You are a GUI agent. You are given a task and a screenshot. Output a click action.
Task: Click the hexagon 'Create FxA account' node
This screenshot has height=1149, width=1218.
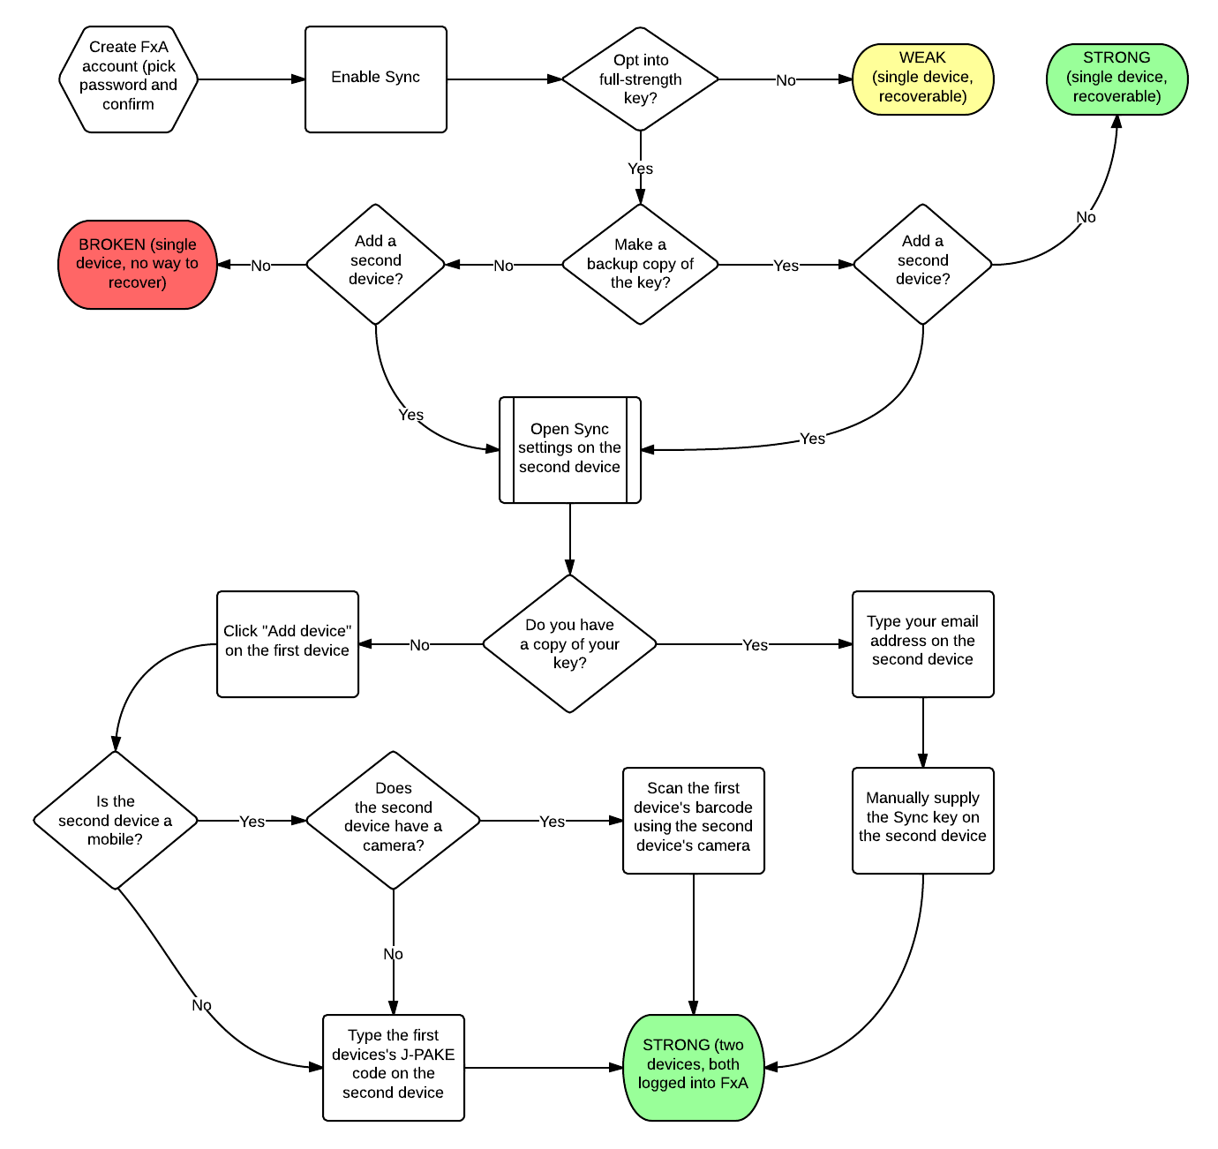pyautogui.click(x=128, y=79)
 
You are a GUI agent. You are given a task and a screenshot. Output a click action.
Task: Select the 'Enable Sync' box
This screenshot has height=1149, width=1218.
pyautogui.click(x=375, y=79)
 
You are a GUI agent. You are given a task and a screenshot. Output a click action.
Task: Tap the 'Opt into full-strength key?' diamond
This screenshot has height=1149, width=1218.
pyautogui.click(x=640, y=79)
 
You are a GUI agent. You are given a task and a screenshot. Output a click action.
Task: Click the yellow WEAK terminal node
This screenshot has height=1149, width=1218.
pyautogui.click(x=922, y=79)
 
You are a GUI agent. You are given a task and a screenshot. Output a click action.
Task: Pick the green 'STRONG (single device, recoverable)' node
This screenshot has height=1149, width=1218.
pyautogui.click(x=1116, y=79)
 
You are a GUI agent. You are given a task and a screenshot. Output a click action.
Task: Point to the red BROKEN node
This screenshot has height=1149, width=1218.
pyautogui.click(x=138, y=265)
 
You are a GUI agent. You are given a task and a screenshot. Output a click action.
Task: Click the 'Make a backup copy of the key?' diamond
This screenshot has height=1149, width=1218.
pyautogui.click(x=640, y=265)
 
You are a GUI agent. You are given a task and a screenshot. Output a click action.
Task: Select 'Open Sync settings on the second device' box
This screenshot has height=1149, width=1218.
pyautogui.click(x=570, y=450)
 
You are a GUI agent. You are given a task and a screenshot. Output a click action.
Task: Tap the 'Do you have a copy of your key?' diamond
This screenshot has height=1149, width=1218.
pyautogui.click(x=570, y=643)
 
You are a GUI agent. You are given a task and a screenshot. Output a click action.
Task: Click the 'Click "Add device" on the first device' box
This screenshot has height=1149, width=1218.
pyautogui.click(x=287, y=643)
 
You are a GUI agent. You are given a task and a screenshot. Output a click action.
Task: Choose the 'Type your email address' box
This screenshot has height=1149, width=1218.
pyautogui.click(x=922, y=643)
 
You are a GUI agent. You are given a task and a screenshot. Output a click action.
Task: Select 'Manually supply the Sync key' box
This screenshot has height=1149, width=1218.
pyautogui.click(x=922, y=820)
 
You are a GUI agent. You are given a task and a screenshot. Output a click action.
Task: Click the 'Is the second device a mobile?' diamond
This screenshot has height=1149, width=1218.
pyautogui.click(x=116, y=820)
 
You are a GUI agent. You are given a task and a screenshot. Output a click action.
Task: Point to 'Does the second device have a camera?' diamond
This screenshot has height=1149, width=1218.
pyautogui.click(x=393, y=820)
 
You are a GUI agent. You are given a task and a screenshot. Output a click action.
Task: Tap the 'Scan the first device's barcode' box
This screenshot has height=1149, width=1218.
pyautogui.click(x=693, y=820)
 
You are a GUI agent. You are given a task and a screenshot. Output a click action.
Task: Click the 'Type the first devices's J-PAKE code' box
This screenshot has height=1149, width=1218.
pyautogui.click(x=393, y=1068)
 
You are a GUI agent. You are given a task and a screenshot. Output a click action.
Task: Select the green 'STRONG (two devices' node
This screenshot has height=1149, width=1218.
pyautogui.click(x=693, y=1068)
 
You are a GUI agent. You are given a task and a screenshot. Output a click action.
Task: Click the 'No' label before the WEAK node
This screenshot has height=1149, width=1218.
pyautogui.click(x=786, y=80)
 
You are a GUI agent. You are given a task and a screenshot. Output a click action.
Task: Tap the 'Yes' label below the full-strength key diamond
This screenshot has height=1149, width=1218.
pyautogui.click(x=640, y=168)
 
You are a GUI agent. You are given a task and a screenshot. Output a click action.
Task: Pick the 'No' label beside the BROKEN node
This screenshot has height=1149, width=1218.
pyautogui.click(x=260, y=266)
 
